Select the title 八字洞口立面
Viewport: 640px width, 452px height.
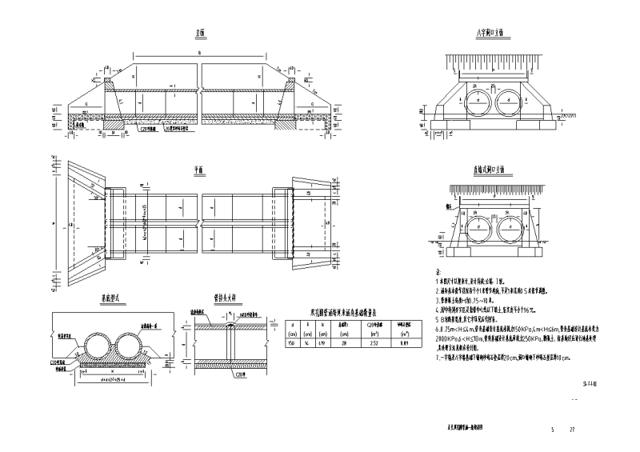click(487, 33)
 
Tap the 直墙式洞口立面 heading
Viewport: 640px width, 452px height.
click(487, 170)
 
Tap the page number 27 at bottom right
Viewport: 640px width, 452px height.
click(572, 430)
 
